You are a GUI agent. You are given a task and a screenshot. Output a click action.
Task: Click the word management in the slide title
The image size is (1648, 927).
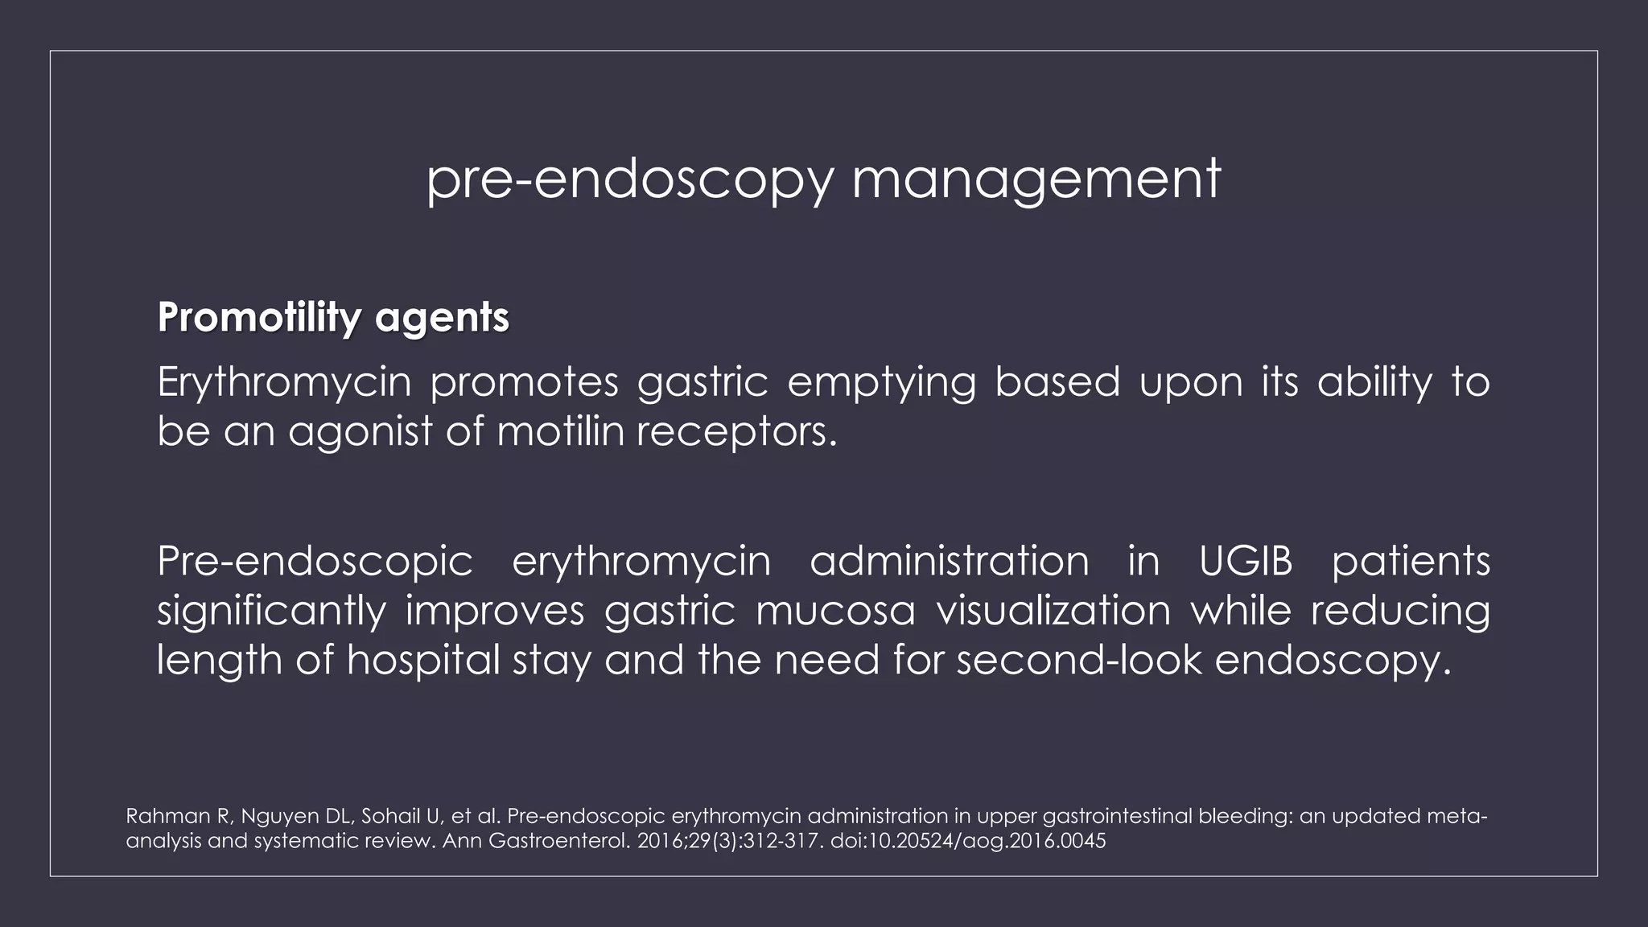pos(1036,179)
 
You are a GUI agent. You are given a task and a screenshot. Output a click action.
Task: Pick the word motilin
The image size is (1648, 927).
pos(560,431)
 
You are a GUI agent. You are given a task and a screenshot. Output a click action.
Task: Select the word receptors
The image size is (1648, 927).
pos(736,433)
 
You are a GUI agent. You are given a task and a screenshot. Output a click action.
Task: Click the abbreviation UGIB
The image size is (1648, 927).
pos(1245,560)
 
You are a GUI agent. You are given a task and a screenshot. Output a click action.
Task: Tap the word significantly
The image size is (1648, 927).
pos(271,611)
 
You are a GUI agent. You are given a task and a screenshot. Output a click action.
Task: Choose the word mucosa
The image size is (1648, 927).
pos(835,610)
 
